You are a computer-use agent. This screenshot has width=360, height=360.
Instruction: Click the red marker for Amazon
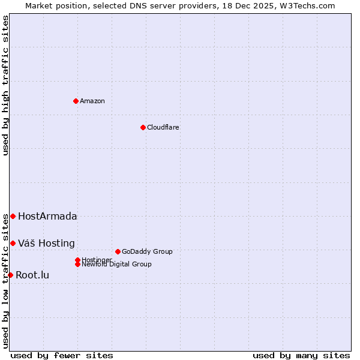pos(76,101)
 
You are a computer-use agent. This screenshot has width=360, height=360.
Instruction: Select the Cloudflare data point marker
pos(143,127)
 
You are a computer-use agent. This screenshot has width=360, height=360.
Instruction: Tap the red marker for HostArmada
pos(13,216)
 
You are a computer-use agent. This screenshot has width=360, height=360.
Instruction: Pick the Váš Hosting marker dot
pos(13,243)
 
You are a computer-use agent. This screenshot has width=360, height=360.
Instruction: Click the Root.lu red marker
pos(10,275)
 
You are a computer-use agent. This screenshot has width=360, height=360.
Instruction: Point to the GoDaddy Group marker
pos(118,251)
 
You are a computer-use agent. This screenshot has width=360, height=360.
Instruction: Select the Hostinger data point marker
pos(77,260)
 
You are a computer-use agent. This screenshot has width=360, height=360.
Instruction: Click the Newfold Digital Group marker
pos(77,264)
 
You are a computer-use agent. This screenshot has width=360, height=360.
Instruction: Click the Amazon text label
pos(92,101)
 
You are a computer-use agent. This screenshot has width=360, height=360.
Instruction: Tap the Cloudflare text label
pos(163,127)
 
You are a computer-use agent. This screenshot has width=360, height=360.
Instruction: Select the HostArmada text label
pos(47,216)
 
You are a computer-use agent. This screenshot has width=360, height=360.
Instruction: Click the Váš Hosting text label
pos(46,243)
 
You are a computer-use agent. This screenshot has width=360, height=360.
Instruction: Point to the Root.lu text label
pos(32,275)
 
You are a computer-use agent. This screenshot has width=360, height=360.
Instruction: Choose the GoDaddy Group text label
pos(147,251)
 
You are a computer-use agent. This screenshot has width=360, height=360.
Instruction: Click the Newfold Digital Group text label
pos(117,265)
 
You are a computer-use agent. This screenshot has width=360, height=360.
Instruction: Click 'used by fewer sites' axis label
pos(62,355)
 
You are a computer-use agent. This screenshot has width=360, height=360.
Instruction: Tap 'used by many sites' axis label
pos(301,355)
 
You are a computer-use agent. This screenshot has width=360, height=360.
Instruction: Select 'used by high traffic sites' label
pos(6,86)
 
